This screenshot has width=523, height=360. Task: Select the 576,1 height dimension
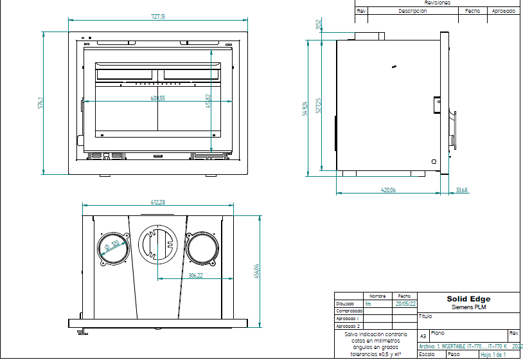pos(40,103)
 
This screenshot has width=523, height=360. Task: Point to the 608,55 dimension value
pos(157,98)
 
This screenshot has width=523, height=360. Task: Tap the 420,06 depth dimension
pos(388,190)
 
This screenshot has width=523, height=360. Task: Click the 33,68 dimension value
pos(461,190)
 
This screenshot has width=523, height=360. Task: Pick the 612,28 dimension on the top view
pos(158,202)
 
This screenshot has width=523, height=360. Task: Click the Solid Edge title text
pos(468,299)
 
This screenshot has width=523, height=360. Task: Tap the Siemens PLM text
pos(468,307)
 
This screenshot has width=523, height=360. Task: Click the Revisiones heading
pos(438,3)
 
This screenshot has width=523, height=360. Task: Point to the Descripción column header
pos(412,11)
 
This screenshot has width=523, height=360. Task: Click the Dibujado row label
pos(345,303)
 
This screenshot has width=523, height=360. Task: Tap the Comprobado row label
pos(349,310)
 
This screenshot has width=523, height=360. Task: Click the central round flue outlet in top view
pos(157,245)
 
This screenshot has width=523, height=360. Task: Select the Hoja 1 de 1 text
pos(493,354)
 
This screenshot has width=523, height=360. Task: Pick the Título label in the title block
pos(425,316)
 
